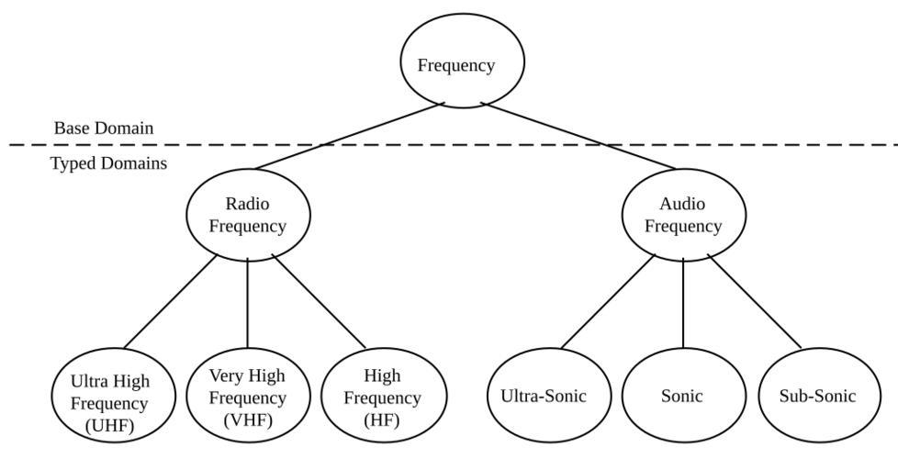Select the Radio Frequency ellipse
248,214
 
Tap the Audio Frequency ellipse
683,214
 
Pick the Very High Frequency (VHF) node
248,397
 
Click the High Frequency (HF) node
384,397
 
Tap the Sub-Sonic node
819,396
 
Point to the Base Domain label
104,129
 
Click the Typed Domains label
108,163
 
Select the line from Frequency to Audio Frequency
578,137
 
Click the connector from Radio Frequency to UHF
170,302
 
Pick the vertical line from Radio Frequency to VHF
248,303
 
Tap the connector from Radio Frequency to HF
320,302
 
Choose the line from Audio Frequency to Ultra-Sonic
608,302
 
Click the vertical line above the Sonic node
683,303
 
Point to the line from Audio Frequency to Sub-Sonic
755,302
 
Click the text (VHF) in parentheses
247,420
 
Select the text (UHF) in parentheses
110,425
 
